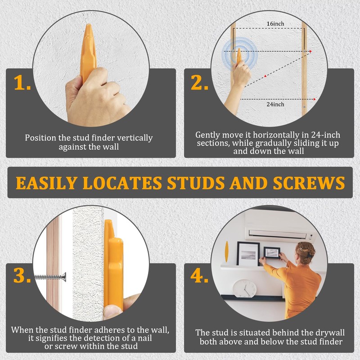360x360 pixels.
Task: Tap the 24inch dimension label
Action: [275, 104]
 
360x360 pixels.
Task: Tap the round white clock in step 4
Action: [245, 288]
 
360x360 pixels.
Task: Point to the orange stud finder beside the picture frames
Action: [226, 252]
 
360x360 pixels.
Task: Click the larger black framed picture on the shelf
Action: [248, 254]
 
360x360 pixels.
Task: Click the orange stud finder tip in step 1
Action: [89, 32]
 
